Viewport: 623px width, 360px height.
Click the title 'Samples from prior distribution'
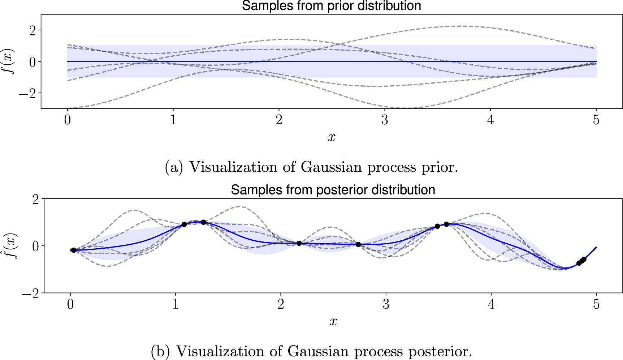(331, 6)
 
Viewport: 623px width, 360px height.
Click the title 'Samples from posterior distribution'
(333, 190)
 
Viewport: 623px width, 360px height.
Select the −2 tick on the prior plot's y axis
(29, 93)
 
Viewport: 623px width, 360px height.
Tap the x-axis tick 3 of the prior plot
(385, 120)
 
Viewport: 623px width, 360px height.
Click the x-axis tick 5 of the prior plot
(596, 120)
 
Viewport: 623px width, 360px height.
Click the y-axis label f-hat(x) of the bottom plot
(11, 245)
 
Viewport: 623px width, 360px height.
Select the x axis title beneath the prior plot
(332, 137)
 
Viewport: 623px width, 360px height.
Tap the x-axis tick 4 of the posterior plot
(491, 304)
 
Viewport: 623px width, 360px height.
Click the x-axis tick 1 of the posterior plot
(176, 304)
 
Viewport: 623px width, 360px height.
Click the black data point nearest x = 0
(74, 250)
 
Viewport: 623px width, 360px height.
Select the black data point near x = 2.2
(299, 243)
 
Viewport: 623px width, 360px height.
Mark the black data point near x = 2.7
(358, 244)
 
